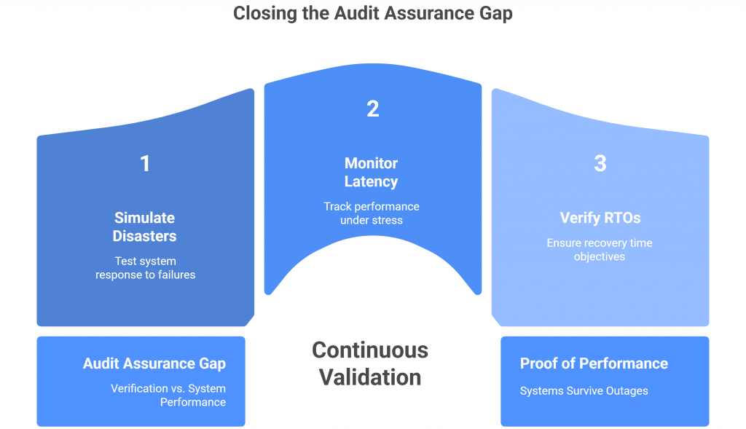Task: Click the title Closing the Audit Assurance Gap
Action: point(372,14)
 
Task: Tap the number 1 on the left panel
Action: point(145,164)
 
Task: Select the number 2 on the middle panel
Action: point(372,109)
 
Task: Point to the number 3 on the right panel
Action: point(600,164)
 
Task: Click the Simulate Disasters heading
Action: point(144,227)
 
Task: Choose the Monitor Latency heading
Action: point(372,172)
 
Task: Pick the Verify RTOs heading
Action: point(600,218)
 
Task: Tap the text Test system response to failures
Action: point(145,268)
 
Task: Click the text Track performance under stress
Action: point(372,213)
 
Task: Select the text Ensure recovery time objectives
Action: point(600,250)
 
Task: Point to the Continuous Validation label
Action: point(370,363)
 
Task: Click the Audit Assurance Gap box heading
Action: point(154,364)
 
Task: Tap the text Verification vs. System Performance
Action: point(168,395)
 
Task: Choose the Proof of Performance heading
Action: point(594,363)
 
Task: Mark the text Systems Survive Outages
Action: point(584,391)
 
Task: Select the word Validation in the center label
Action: point(370,377)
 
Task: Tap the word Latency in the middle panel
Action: point(372,181)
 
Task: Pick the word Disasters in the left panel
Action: point(144,236)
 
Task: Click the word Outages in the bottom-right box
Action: point(627,391)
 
